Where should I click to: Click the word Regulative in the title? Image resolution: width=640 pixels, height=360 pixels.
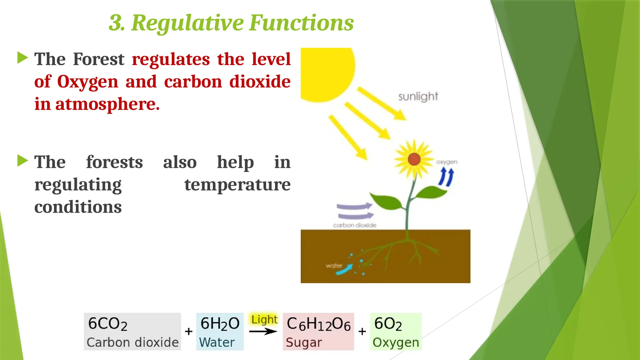(x=187, y=23)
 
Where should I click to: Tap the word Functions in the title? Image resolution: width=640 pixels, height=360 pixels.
(x=301, y=23)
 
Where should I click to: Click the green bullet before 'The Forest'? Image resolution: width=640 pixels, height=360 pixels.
(x=22, y=58)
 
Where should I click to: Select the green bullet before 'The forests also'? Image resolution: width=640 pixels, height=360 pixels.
(x=22, y=161)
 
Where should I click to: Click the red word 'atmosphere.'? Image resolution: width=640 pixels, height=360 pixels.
(x=107, y=104)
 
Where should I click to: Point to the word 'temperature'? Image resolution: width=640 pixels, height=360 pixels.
(x=237, y=184)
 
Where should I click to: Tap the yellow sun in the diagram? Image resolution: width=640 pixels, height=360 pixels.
(x=325, y=72)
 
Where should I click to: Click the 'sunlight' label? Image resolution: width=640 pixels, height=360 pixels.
(x=418, y=97)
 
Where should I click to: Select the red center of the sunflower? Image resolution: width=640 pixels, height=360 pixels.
(x=414, y=159)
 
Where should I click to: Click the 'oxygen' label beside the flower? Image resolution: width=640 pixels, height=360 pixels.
(x=447, y=162)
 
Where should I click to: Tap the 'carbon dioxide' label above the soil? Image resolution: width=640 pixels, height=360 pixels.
(x=354, y=225)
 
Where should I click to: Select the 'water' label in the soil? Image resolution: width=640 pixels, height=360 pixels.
(x=334, y=266)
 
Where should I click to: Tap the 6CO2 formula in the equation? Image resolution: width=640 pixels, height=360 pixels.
(x=107, y=324)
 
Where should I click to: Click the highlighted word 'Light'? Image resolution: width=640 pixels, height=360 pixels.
(x=264, y=320)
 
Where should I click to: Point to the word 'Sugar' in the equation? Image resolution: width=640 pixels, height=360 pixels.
(x=303, y=342)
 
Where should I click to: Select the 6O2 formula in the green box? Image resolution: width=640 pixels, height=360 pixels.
(x=388, y=324)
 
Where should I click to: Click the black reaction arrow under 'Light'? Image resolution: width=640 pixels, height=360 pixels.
(x=263, y=331)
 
